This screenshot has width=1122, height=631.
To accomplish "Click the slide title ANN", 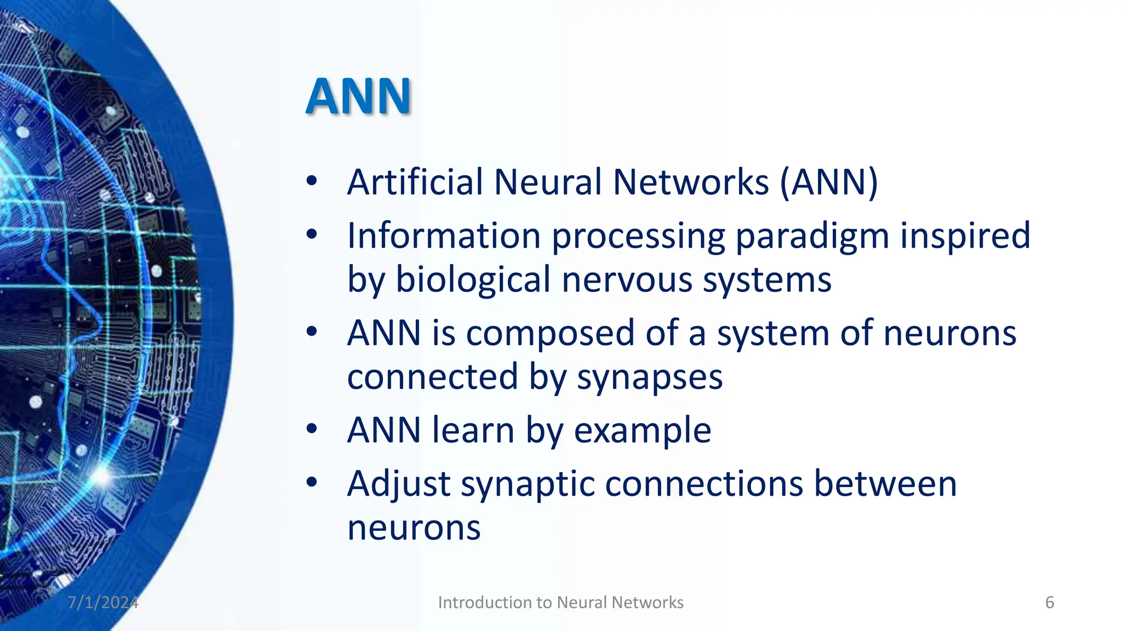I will tap(358, 96).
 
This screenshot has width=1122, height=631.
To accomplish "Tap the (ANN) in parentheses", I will tap(829, 182).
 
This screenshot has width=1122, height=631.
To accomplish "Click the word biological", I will tap(473, 280).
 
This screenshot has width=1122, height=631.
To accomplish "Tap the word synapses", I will tap(650, 377).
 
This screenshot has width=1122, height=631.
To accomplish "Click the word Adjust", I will tap(399, 485).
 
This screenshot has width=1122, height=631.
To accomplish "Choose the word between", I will tap(885, 485).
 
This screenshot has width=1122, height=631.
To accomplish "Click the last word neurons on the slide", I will tap(414, 528).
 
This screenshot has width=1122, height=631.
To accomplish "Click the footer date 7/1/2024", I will tap(103, 603).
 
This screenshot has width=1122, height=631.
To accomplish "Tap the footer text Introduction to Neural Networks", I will tap(560, 603).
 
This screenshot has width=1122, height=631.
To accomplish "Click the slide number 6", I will tap(1049, 603).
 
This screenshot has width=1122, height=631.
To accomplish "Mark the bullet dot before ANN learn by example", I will tap(312, 429).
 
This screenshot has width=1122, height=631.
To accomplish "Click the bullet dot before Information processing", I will tap(312, 235).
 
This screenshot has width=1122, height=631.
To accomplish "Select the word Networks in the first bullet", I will tap(690, 182).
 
